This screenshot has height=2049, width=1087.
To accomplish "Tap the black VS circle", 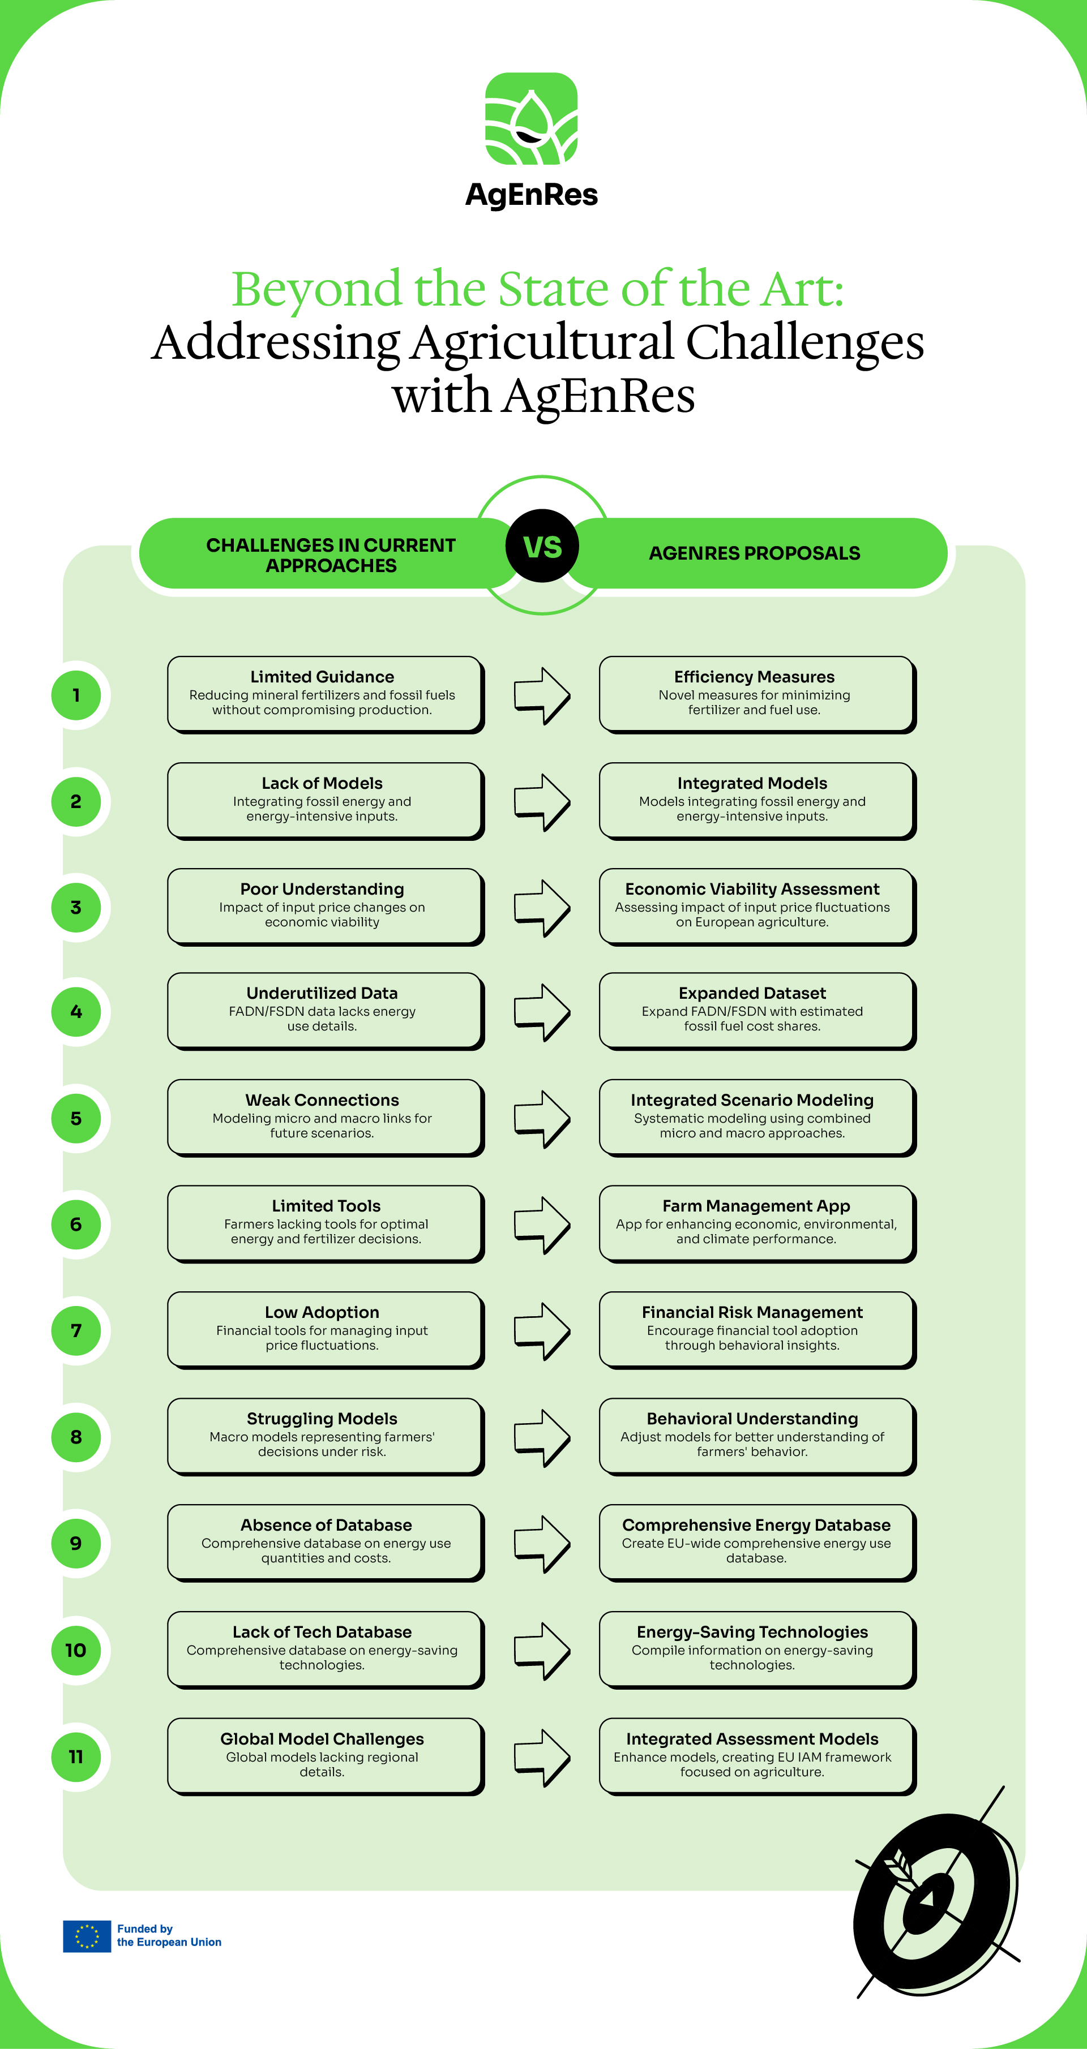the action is point(542,545).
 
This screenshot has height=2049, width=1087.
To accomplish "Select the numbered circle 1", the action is point(76,695).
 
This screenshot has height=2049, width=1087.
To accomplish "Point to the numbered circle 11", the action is point(76,1756).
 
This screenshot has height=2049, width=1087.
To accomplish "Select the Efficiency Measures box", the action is point(758,694).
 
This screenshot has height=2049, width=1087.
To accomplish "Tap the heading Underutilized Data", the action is point(322,993).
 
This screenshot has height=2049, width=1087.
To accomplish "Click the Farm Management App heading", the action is point(756,1206).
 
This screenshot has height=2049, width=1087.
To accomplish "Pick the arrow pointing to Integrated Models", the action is point(542,802).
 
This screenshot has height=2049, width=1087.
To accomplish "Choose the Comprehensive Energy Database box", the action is point(758,1543).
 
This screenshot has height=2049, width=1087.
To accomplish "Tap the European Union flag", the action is point(87,1936).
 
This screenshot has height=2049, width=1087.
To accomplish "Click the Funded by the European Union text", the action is point(169,1935).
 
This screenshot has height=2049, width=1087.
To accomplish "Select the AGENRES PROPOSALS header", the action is point(754,553).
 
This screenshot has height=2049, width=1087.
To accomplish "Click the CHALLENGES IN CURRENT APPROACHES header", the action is point(331,555).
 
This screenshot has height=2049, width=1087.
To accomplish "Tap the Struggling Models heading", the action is point(322,1418).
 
